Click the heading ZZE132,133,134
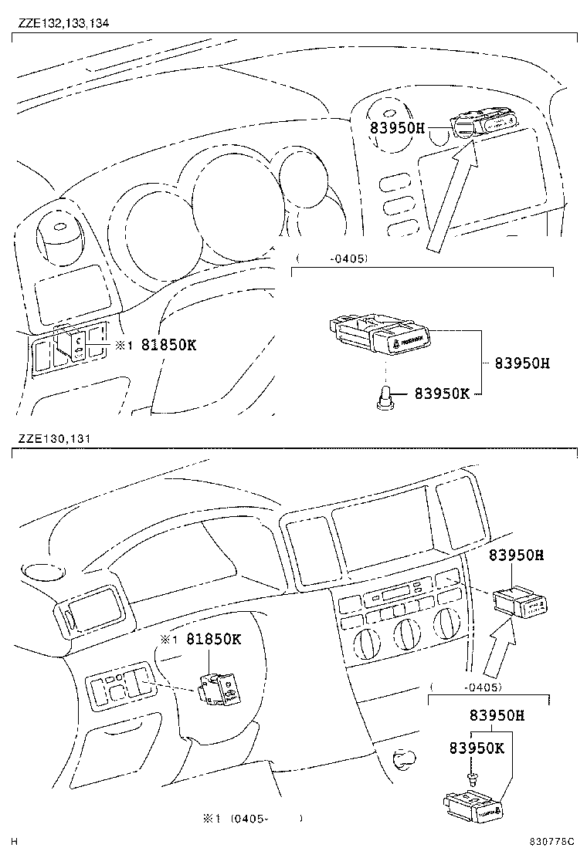click(63, 23)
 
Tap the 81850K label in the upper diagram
click(168, 345)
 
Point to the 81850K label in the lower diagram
click(214, 640)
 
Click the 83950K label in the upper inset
click(442, 394)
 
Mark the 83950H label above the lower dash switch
click(517, 555)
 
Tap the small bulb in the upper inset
click(383, 398)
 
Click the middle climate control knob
click(407, 632)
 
